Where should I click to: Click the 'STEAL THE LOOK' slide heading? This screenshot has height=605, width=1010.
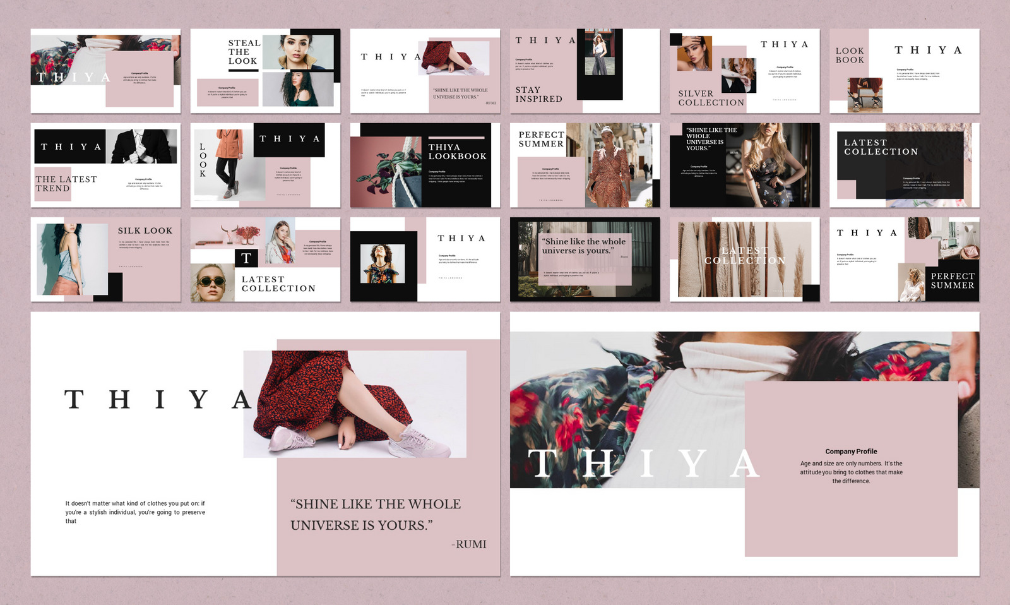click(244, 52)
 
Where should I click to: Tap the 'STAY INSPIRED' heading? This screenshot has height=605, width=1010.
click(538, 95)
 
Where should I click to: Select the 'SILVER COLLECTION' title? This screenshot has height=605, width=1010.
click(711, 98)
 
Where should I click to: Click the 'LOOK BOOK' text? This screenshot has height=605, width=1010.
click(850, 56)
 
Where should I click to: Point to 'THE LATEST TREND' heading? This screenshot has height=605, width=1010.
click(66, 184)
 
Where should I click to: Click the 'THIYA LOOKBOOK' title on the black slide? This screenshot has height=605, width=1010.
click(457, 152)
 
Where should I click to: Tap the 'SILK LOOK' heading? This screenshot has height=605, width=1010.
click(145, 231)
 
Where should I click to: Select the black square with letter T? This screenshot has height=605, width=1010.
click(246, 258)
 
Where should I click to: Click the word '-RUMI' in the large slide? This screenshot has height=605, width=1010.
click(469, 544)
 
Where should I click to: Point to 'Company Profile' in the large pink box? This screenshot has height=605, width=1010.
click(851, 452)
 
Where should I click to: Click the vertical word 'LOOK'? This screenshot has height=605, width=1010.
click(203, 160)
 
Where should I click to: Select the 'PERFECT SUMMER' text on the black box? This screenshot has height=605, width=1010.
click(952, 281)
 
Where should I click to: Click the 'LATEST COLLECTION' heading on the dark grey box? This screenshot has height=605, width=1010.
click(881, 147)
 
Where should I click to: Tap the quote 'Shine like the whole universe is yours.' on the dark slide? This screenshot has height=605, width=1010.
click(583, 246)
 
